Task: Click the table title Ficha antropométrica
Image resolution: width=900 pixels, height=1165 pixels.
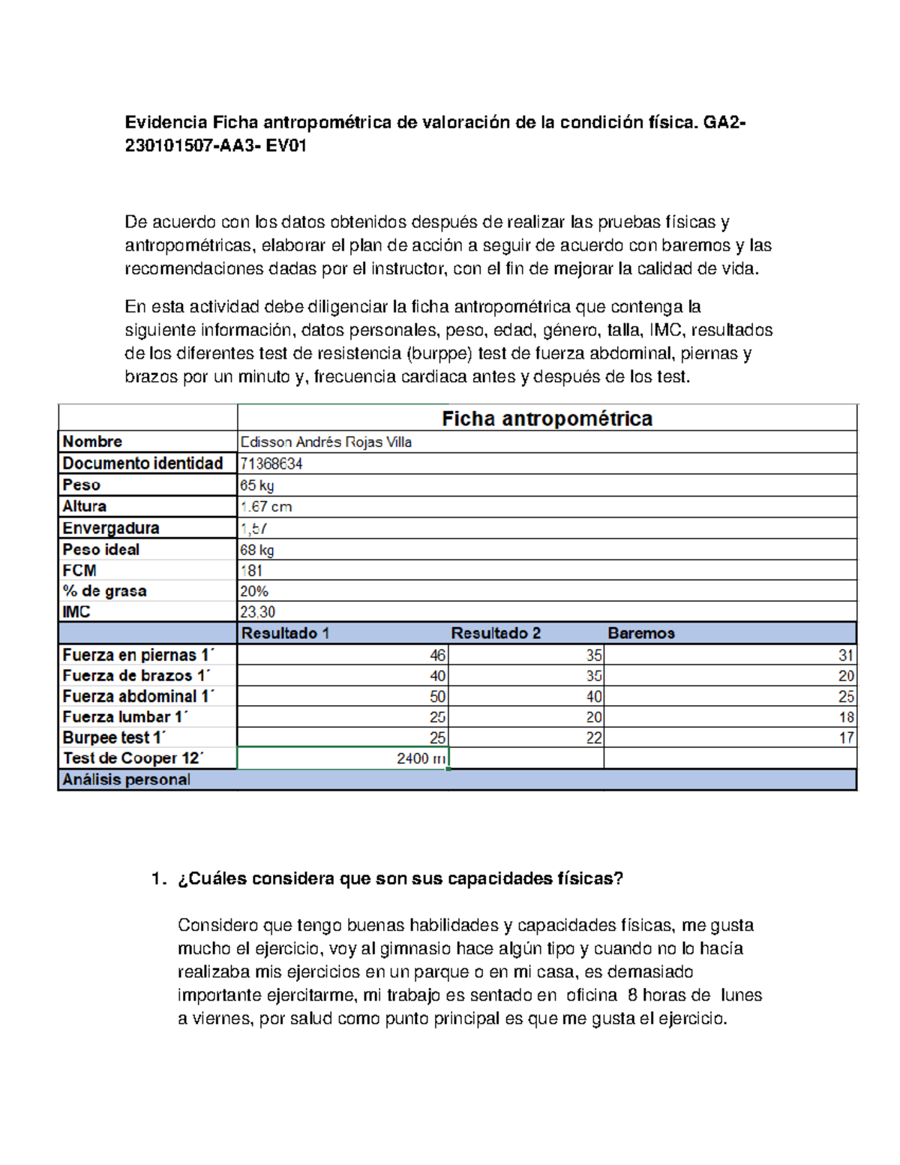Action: point(547,419)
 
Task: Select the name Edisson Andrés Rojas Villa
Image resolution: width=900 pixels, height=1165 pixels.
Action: point(325,442)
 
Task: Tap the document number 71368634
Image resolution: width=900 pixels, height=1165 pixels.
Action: point(271,464)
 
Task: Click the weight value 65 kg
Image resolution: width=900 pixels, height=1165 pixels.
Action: point(256,485)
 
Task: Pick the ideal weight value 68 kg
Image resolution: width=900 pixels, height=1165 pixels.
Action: point(256,550)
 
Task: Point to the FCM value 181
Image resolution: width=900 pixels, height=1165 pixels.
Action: point(251,570)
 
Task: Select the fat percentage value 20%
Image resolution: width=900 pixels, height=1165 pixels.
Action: point(254,591)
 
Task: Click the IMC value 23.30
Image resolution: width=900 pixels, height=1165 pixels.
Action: point(257,612)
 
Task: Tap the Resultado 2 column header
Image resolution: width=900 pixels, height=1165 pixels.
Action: point(496,633)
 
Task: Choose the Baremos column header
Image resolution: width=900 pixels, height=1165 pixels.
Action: point(641,633)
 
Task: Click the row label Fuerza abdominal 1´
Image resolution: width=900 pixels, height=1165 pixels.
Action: point(138,696)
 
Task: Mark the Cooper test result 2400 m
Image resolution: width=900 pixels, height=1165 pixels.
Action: point(421,758)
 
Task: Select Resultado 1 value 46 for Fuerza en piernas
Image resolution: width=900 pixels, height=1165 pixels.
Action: point(437,655)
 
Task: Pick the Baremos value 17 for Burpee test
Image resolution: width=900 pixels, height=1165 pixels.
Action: point(846,738)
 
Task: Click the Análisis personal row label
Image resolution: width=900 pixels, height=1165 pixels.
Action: point(126,779)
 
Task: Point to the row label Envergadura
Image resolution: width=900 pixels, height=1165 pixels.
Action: point(110,528)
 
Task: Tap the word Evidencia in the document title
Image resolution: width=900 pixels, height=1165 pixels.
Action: point(166,122)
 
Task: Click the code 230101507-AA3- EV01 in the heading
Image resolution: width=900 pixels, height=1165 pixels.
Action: point(216,146)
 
